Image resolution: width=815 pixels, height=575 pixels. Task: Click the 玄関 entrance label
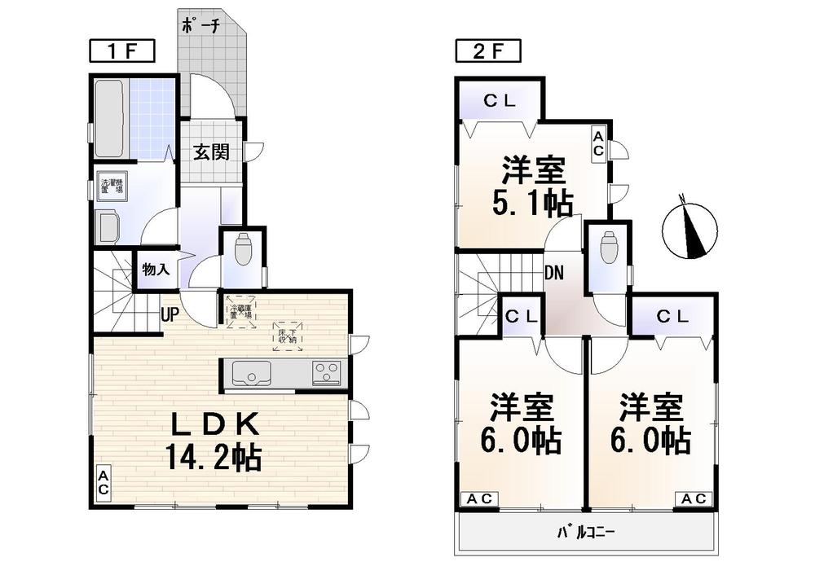coord(211,152)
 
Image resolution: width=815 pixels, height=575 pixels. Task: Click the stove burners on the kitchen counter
coord(327,373)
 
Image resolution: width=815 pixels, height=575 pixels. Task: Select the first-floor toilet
coord(243,249)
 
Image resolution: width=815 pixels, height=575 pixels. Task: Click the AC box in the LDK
coord(104,483)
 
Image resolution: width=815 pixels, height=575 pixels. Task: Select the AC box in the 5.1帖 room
coord(597,143)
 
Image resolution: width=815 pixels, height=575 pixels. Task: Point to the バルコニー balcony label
coord(586,534)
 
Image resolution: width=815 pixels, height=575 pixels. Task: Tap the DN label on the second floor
coord(554,272)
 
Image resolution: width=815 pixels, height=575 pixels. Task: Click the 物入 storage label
coord(156,269)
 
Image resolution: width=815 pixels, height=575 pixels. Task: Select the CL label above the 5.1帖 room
coord(499,102)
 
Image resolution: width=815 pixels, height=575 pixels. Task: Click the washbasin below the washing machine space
coord(109,226)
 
